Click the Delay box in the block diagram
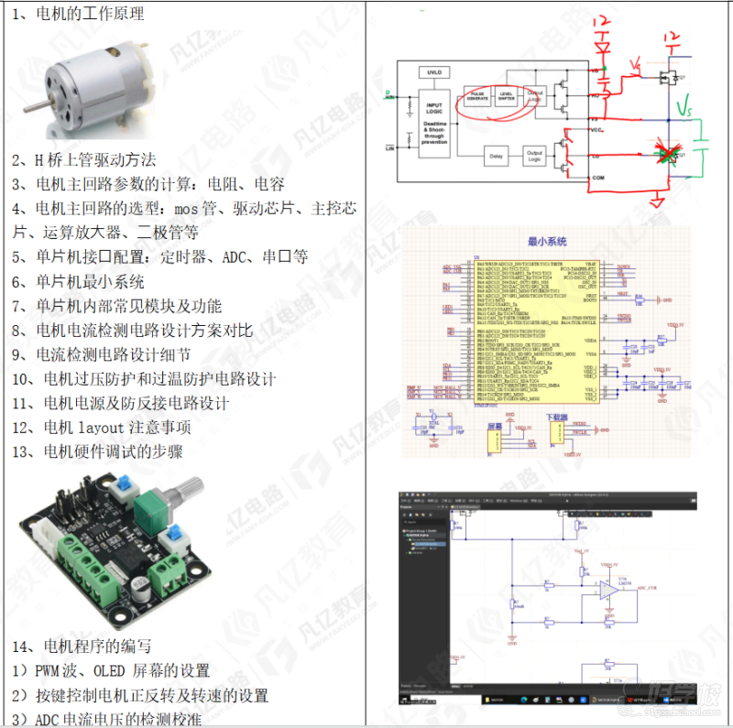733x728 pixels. coord(496,157)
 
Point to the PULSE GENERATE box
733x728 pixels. coord(478,96)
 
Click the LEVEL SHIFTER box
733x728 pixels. coord(506,96)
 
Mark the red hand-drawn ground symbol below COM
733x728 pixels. coord(657,196)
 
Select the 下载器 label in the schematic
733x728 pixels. coord(556,417)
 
